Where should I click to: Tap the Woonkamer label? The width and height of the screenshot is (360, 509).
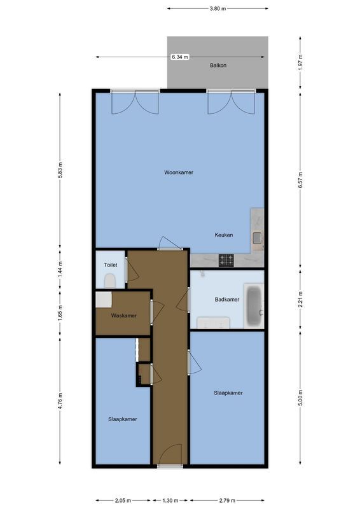[x=178, y=172]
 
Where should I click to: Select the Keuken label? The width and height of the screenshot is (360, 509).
[x=223, y=235]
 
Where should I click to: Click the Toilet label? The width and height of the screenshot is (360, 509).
[x=111, y=264]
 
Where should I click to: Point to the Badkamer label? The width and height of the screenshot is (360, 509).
[x=227, y=300]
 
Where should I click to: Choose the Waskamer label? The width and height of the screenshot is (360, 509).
[x=123, y=316]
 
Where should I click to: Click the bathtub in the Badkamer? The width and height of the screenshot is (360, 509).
[x=254, y=303]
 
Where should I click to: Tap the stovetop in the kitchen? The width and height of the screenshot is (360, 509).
[x=226, y=260]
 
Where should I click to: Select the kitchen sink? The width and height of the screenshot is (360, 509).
[x=258, y=238]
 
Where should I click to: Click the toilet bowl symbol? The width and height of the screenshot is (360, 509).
[x=110, y=279]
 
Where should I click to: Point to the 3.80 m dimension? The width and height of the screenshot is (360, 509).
[x=217, y=9]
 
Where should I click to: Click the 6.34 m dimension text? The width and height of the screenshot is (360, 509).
[x=180, y=57]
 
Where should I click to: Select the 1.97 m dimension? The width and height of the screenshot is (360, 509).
[x=301, y=62]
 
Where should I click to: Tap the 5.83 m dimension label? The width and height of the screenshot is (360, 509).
[x=60, y=171]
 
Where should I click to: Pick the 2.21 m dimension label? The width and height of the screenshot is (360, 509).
[x=301, y=299]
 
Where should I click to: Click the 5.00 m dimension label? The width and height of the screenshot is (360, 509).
[x=301, y=400]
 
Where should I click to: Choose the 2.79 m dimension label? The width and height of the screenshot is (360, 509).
[x=227, y=500]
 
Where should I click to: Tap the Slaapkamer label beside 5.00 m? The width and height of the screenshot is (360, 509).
[x=228, y=393]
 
